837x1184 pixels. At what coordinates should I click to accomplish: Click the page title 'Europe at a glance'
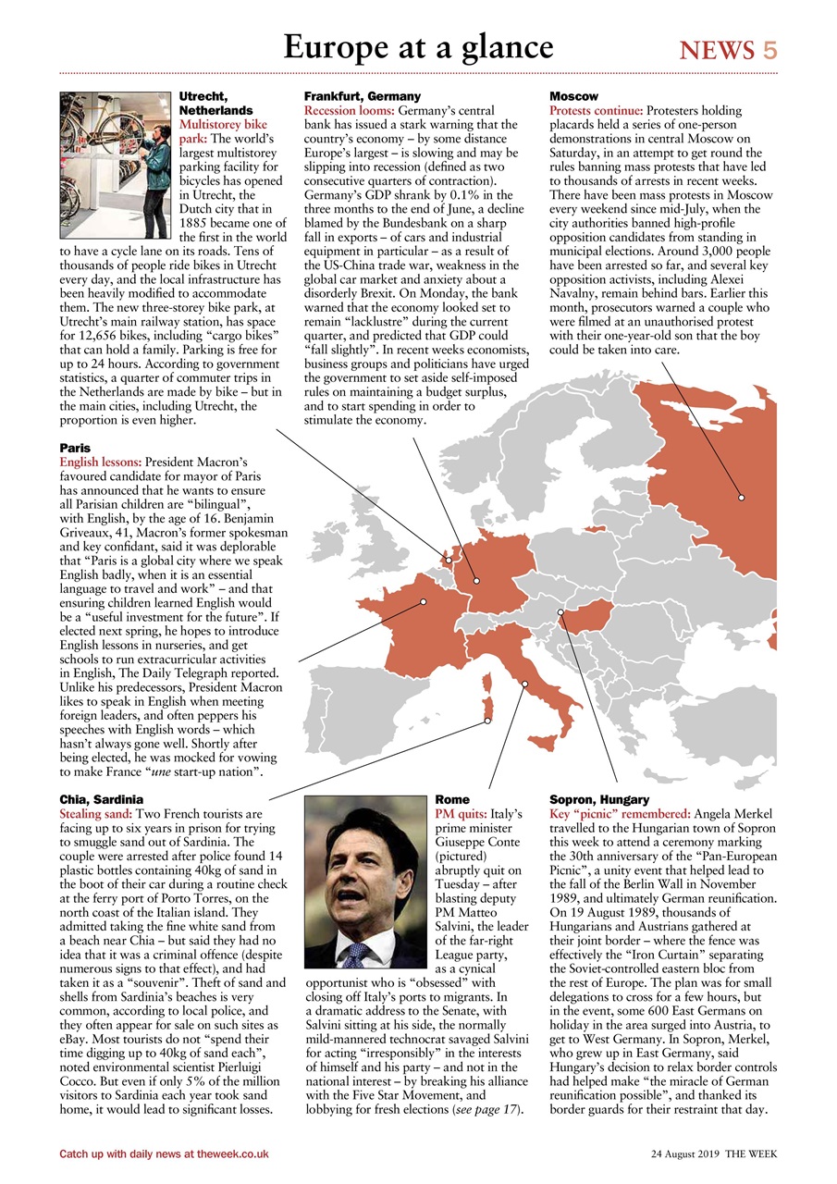[x=418, y=46]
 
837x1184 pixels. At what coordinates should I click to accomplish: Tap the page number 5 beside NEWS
[x=769, y=50]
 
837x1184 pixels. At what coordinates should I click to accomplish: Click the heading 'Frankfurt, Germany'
[x=362, y=96]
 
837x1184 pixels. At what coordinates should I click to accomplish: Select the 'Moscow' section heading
[x=573, y=96]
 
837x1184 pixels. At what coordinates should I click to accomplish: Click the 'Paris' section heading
[x=75, y=447]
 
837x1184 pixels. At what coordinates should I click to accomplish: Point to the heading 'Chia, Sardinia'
[x=101, y=798]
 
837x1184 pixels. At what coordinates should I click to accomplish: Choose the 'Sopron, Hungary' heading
[x=599, y=798]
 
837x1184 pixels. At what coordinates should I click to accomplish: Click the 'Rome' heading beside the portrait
[x=451, y=798]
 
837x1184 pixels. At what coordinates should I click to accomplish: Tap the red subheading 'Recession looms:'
[x=349, y=110]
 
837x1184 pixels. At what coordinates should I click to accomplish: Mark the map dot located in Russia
[x=741, y=498]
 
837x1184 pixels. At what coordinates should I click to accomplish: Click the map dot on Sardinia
[x=487, y=721]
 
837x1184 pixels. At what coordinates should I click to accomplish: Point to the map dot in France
[x=424, y=602]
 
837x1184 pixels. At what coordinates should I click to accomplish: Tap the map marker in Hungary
[x=560, y=612]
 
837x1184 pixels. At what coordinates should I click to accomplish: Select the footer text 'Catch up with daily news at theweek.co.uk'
[x=164, y=1153]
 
